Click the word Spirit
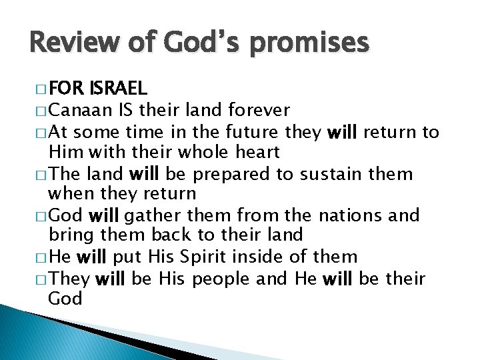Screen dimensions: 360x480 (x=199, y=257)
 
